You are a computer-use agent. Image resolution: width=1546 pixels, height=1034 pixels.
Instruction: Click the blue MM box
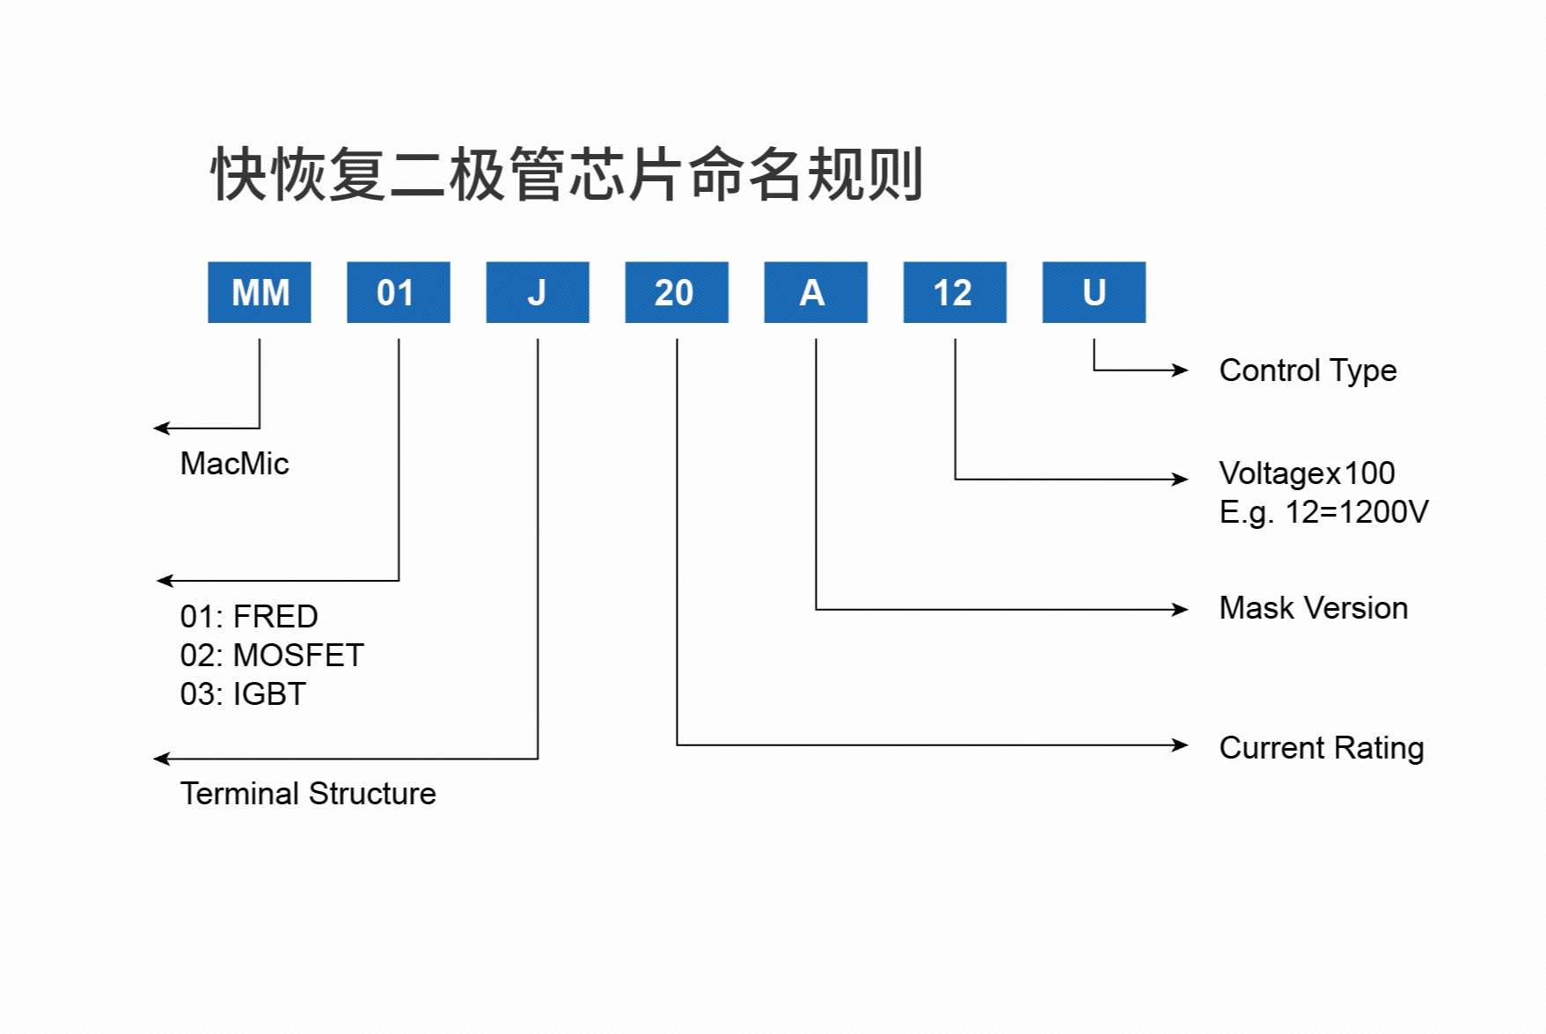coord(260,292)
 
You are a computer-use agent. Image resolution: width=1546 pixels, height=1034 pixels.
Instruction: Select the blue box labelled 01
coord(398,292)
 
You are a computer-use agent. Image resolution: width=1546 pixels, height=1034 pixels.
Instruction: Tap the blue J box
coord(537,292)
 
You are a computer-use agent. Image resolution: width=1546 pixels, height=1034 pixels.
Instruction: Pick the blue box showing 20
coord(676,292)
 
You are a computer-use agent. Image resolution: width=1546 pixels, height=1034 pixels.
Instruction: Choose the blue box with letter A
coord(815,292)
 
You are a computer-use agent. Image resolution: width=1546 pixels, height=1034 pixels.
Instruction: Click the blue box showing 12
coord(954,292)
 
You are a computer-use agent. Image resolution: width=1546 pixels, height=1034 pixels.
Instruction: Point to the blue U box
coord(1094,292)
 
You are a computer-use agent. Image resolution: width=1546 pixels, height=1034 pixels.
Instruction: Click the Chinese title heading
coord(567,174)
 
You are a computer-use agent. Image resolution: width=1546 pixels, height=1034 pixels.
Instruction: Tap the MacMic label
coord(234,464)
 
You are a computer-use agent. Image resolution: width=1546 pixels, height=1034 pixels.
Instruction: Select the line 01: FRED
coord(249,617)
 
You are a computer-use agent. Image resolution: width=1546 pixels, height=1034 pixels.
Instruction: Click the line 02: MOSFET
coord(272,656)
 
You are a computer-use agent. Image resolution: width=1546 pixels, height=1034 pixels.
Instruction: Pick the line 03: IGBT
coord(243,694)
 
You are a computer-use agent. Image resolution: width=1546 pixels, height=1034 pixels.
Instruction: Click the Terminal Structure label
coord(308,794)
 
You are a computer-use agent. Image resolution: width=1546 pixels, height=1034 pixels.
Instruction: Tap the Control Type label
coord(1308,370)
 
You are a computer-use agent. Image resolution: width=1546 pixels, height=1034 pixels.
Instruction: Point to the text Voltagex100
coord(1307,473)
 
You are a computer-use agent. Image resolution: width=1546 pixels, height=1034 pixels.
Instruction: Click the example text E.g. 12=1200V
coord(1323,512)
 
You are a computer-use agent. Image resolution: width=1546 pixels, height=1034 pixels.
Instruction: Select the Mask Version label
coord(1314,608)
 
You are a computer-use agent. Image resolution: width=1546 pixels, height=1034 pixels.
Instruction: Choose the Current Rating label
coord(1322,748)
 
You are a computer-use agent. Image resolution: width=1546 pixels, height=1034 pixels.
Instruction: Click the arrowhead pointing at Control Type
coord(1181,370)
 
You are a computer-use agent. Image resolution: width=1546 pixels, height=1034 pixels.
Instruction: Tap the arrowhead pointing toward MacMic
coord(161,429)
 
